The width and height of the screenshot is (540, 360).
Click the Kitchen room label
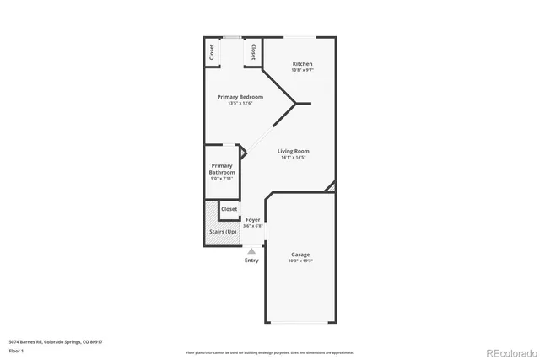coord(302,64)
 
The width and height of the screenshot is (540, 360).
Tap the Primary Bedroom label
coord(240,97)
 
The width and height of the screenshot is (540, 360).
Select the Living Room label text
coord(294,152)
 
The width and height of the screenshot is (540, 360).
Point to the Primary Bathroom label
coord(222,169)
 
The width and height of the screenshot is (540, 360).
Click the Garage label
coord(300,255)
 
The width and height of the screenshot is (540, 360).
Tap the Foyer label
coord(252,220)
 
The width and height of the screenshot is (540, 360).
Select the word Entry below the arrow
coord(251,261)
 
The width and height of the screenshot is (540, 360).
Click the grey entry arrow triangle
coord(251,250)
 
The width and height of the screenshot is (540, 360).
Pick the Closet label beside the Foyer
coord(229,208)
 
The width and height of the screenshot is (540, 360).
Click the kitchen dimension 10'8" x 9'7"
coord(302,71)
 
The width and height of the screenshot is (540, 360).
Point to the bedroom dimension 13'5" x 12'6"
coord(240,104)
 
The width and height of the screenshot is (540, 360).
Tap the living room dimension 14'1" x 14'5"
coord(294,159)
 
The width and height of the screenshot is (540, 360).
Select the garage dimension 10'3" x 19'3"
coord(300,261)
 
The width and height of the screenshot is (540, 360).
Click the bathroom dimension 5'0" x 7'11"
coord(222,179)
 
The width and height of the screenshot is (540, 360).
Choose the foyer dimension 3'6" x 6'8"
coord(252,226)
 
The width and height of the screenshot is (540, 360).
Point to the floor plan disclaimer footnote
coord(270,352)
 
